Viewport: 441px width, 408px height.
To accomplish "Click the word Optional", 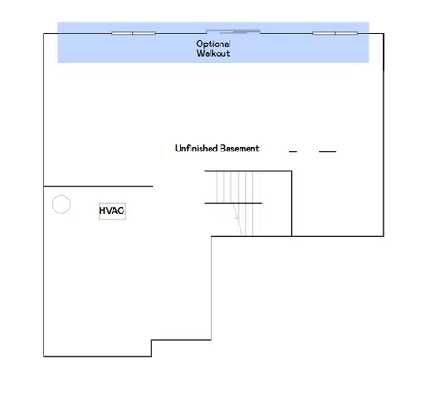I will pos(213,44).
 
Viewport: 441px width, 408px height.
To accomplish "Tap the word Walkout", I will pos(213,54).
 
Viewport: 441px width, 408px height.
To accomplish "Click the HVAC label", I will pos(112,211).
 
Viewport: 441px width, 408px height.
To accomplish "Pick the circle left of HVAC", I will pos(61,204).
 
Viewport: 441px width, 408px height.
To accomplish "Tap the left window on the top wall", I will pos(133,34).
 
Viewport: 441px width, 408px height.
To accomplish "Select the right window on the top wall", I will pos(335,34).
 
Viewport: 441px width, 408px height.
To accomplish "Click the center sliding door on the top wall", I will pos(233,32).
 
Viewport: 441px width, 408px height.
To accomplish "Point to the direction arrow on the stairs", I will pos(238,218).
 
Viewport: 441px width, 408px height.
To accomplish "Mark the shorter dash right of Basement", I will pos(293,152).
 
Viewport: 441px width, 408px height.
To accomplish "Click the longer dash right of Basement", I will pos(327,152).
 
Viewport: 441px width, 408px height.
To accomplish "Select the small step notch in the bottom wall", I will pos(152,348).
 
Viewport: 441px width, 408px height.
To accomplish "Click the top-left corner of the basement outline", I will pos(44,34).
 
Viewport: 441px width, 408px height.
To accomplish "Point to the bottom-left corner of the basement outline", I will pos(44,356).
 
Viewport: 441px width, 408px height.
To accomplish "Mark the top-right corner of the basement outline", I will pos(383,34).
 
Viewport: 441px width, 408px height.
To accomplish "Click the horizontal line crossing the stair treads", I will pos(233,203).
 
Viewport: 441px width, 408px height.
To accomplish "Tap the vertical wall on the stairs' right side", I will pos(291,203).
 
